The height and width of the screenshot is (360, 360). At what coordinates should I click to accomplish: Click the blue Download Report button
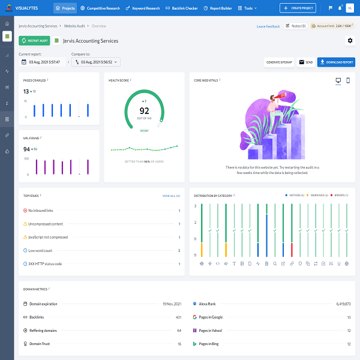(336, 62)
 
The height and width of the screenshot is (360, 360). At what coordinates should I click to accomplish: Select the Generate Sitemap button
(279, 62)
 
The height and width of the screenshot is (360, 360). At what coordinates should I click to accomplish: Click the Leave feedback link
(268, 26)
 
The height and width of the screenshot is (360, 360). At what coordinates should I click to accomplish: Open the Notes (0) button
(296, 26)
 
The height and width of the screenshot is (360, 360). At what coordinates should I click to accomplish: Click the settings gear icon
(350, 40)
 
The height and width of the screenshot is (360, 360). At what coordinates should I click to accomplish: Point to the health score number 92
(144, 110)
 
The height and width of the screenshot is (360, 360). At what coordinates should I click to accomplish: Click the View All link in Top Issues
(171, 196)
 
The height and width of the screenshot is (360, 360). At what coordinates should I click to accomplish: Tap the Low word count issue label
(41, 250)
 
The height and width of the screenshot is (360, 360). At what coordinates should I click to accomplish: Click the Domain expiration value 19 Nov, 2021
(172, 304)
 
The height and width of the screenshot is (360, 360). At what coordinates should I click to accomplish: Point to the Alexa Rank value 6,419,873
(340, 304)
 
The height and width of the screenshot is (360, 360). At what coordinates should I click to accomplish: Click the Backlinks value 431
(178, 317)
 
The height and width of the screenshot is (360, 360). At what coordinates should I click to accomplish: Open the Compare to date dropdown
(96, 62)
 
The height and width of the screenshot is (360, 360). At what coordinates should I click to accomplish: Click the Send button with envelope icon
(305, 62)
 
